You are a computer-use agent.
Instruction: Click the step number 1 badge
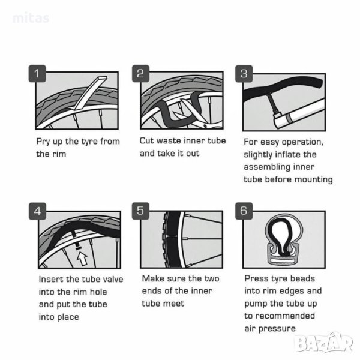tap(37, 73)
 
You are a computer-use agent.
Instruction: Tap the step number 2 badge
tap(140, 73)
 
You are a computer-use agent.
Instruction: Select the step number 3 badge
tap(244, 73)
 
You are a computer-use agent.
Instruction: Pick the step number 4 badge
tap(37, 211)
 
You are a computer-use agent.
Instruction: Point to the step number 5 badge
tap(140, 211)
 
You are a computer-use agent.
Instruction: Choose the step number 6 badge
tap(244, 211)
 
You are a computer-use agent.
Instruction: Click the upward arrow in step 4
tap(82, 259)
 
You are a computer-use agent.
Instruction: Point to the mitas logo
tap(31, 18)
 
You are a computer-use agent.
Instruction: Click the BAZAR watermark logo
tap(324, 343)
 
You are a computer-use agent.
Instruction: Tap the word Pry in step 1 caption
tap(43, 142)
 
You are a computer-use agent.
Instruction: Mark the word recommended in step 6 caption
tap(285, 316)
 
